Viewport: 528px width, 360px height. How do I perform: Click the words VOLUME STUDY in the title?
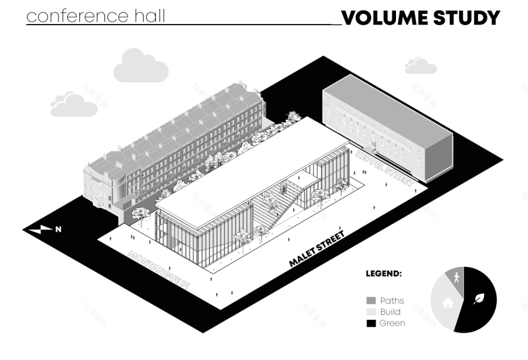pos(420,17)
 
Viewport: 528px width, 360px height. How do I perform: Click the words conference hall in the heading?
pos(96,16)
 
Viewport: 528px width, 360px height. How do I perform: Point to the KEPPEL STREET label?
pos(385,169)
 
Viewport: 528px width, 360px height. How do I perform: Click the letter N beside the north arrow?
pos(58,229)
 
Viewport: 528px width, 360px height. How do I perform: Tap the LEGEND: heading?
pos(383,274)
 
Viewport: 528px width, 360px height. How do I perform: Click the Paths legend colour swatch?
pos(371,301)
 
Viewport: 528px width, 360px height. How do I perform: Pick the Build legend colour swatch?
pos(371,312)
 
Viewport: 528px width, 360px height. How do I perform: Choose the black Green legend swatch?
pos(371,323)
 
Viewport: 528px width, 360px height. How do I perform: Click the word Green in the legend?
pos(392,323)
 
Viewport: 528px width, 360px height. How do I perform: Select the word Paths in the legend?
pos(392,301)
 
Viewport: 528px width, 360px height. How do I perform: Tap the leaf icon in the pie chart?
pos(479,298)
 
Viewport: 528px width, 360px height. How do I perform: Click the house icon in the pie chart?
pos(448,303)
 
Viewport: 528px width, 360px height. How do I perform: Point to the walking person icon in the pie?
pos(457,278)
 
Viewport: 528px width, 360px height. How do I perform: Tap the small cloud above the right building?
pos(420,66)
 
